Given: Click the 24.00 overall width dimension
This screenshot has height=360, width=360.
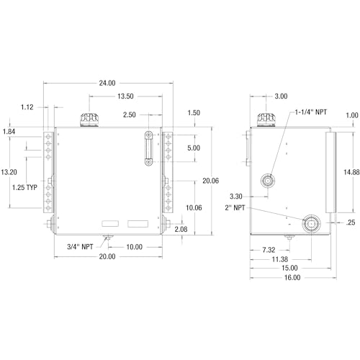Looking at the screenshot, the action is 107,83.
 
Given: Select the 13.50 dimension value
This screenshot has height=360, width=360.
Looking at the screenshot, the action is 125,96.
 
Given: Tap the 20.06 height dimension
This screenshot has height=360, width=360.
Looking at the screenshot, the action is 210,181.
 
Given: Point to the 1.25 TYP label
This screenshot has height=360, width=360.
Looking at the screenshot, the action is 24,187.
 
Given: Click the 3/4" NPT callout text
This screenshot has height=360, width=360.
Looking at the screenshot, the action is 80,247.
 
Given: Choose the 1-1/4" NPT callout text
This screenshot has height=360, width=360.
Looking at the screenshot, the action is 311,112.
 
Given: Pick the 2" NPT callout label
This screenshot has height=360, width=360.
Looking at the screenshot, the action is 235,207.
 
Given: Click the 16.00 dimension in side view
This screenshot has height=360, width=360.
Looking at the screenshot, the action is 292,277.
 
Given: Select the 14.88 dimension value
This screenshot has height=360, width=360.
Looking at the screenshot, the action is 351,172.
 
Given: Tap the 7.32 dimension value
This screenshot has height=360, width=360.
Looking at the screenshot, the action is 269,250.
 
